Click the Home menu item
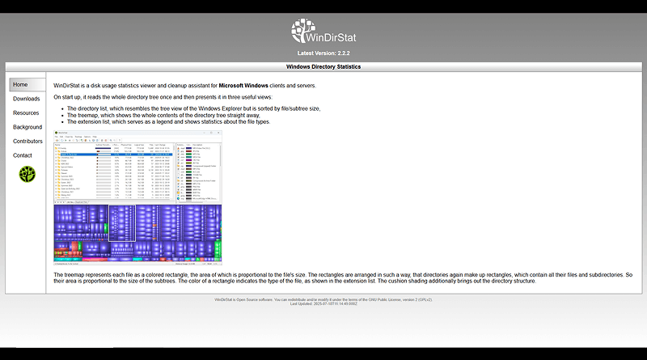[x=21, y=84]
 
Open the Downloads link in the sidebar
[x=26, y=99]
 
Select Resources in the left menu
[x=26, y=113]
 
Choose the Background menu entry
[x=27, y=127]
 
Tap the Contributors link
[x=27, y=142]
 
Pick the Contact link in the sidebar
[x=23, y=155]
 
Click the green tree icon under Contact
[x=27, y=174]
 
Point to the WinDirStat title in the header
[x=336, y=36]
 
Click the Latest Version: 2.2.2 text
[x=323, y=53]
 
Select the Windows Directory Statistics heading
[x=323, y=66]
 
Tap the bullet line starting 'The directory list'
[x=193, y=108]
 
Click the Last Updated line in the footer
[x=323, y=303]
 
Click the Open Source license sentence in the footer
[x=323, y=299]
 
